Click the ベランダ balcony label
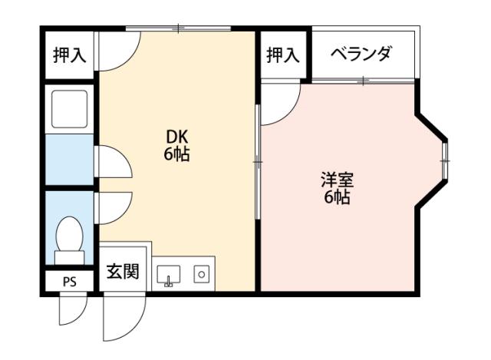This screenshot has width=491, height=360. click(x=360, y=54)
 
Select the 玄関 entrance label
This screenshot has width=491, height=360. click(x=122, y=271)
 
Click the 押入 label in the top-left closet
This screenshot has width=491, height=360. click(x=69, y=54)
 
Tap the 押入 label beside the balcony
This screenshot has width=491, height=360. click(x=282, y=54)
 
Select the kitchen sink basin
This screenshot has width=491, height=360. click(x=168, y=274)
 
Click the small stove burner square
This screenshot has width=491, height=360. click(x=201, y=273)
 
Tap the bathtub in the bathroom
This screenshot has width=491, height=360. click(x=69, y=108)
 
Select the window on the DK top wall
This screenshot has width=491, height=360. click(x=178, y=29)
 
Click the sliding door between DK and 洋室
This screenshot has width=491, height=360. click(x=258, y=161)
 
